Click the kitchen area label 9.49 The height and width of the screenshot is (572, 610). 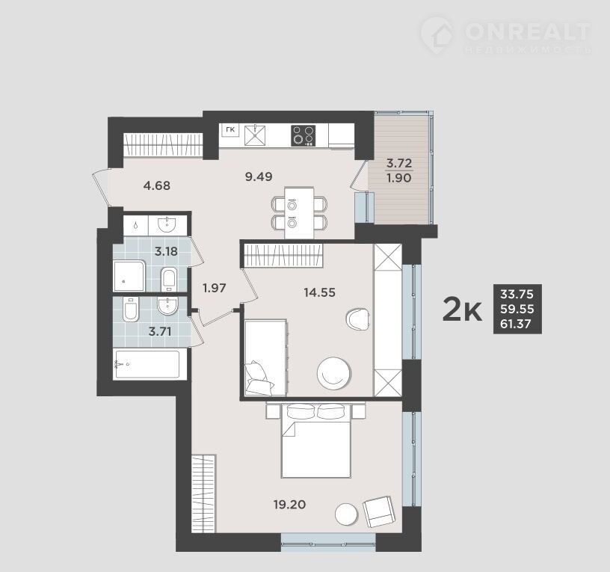[259, 176]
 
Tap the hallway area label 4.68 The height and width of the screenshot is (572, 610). [157, 185]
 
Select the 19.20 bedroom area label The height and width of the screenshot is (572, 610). [290, 505]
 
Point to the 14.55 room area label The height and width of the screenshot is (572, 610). [319, 292]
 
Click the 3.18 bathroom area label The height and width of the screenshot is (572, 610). [166, 251]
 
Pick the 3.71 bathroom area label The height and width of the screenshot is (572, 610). [160, 332]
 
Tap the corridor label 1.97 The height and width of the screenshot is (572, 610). [215, 289]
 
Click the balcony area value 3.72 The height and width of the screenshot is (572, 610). [399, 163]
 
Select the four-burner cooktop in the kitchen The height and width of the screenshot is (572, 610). [303, 136]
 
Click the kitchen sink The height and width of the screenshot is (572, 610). [255, 135]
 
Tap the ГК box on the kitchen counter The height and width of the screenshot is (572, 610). [230, 130]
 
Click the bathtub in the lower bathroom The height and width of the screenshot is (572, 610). [147, 364]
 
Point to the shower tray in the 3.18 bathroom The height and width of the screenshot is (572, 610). [129, 276]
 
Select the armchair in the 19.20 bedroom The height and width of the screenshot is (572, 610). [379, 511]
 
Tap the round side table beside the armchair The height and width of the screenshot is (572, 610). [346, 514]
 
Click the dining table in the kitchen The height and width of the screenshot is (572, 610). [299, 213]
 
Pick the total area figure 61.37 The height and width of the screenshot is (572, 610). [516, 324]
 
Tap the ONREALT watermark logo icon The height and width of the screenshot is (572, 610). [437, 35]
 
